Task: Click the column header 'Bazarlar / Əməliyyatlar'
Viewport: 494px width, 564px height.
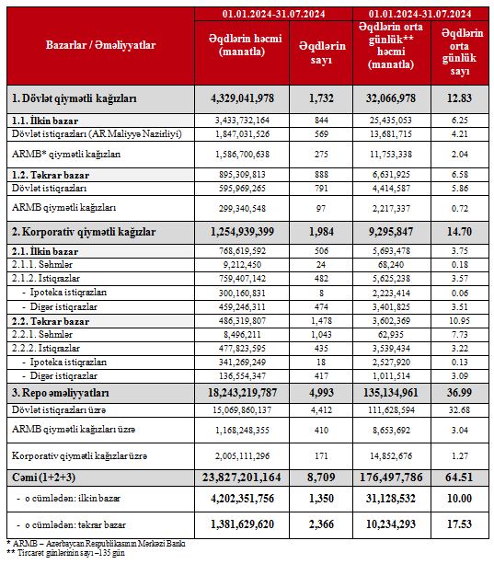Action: (100, 45)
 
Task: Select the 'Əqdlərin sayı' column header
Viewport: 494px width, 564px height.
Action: (321, 52)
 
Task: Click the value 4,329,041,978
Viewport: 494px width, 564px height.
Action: (242, 98)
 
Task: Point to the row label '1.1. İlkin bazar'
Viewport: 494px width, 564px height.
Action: (45, 121)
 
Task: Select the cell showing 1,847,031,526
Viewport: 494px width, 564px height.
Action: (242, 134)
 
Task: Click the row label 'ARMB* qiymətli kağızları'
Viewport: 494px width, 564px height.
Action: (66, 155)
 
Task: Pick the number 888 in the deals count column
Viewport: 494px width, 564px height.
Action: (321, 175)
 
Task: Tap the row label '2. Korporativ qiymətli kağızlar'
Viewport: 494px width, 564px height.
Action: (84, 232)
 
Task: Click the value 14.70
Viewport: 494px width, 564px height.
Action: (459, 232)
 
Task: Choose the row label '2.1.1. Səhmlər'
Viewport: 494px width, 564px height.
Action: (42, 265)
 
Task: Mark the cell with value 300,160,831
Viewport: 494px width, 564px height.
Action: (242, 294)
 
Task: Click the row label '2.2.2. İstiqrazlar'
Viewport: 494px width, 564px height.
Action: (46, 348)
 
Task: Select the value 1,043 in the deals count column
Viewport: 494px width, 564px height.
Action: (321, 335)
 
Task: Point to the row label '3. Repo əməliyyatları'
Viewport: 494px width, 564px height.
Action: (61, 393)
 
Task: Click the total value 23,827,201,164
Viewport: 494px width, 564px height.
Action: (242, 478)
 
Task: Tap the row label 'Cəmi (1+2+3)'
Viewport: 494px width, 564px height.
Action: (44, 478)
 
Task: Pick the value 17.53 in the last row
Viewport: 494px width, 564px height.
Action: (459, 524)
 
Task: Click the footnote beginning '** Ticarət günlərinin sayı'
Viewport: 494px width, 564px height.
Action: (66, 553)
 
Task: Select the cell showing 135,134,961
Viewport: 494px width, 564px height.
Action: (391, 393)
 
